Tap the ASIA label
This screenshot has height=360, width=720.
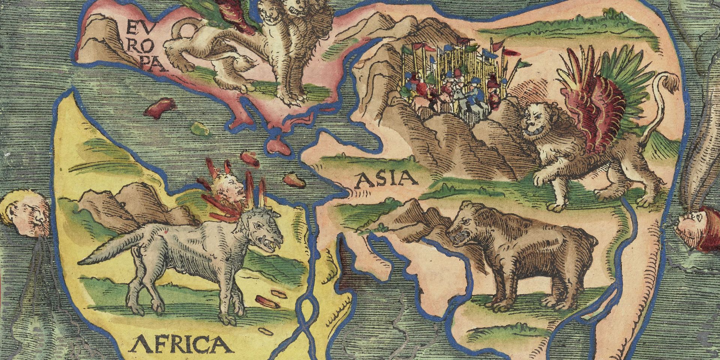click(386, 180)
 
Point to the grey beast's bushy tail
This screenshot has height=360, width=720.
click(109, 251)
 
